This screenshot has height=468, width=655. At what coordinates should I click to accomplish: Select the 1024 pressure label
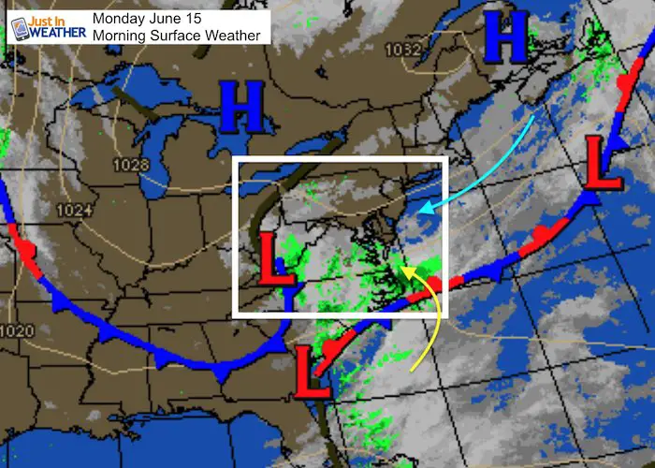pyautogui.click(x=73, y=211)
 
